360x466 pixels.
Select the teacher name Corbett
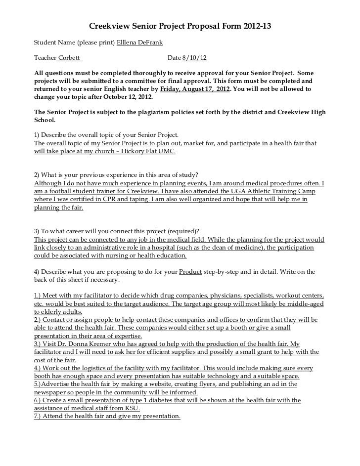(x=69, y=58)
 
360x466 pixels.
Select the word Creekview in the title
(x=107, y=25)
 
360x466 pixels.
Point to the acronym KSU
(x=132, y=408)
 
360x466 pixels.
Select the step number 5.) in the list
(x=40, y=384)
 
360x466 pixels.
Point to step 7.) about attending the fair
(x=40, y=416)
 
